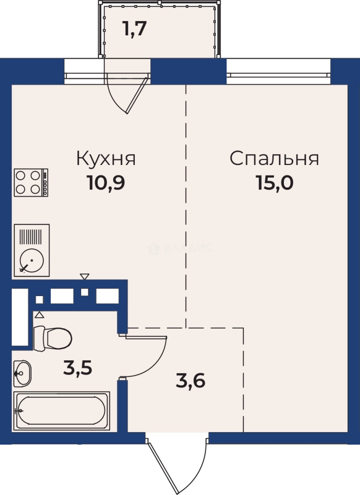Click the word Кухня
[106, 159]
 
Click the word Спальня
[274, 159]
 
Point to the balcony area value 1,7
[134, 30]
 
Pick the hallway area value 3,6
[190, 380]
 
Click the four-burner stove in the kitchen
[31, 182]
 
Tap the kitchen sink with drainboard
[31, 250]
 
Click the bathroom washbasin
[22, 373]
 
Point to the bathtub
[61, 411]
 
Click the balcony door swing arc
[126, 94]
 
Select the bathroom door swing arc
[151, 357]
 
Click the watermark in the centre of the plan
[180, 248]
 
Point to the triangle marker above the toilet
[39, 314]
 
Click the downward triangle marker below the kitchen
[84, 276]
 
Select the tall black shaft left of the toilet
[20, 316]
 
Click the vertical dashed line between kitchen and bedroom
[186, 206]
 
